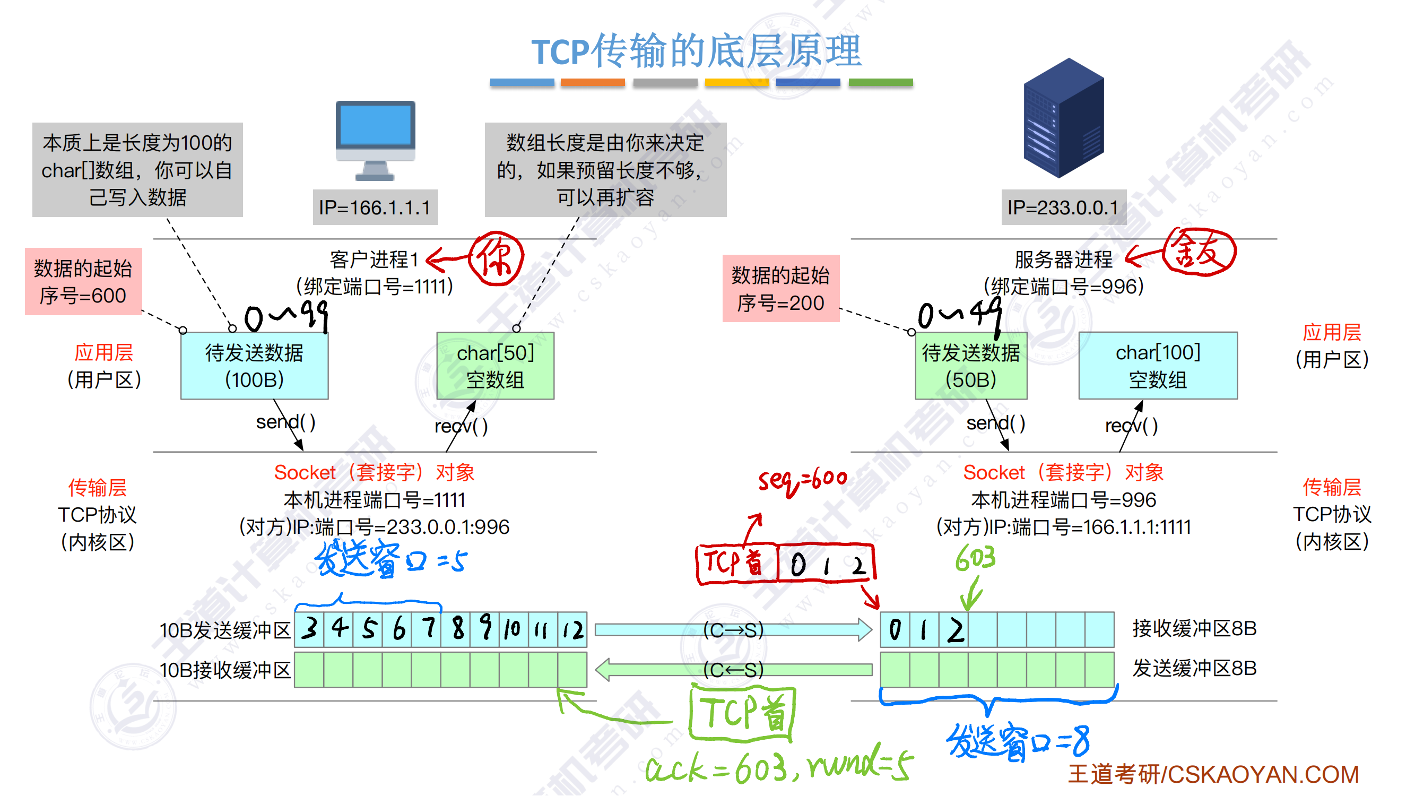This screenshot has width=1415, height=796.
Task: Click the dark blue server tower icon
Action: (x=1063, y=118)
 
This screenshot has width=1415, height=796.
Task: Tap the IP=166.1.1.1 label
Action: (x=375, y=207)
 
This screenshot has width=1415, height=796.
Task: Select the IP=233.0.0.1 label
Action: (x=1063, y=207)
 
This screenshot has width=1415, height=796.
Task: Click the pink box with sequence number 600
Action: (x=83, y=282)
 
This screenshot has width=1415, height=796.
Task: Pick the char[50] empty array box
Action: (x=495, y=366)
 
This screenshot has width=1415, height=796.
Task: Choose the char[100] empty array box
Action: (x=1157, y=366)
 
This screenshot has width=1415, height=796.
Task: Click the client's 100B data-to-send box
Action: (x=254, y=366)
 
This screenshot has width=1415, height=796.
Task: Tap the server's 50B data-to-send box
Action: (x=970, y=366)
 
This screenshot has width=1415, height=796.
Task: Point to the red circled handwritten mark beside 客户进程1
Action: (x=496, y=258)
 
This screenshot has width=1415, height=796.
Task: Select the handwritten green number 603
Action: (x=976, y=559)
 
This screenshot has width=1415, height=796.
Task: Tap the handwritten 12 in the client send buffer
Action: (x=573, y=630)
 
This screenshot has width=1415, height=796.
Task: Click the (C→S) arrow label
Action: (x=733, y=630)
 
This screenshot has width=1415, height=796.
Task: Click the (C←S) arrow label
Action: (x=733, y=670)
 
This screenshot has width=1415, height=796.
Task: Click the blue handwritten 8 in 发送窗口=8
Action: (x=1080, y=741)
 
